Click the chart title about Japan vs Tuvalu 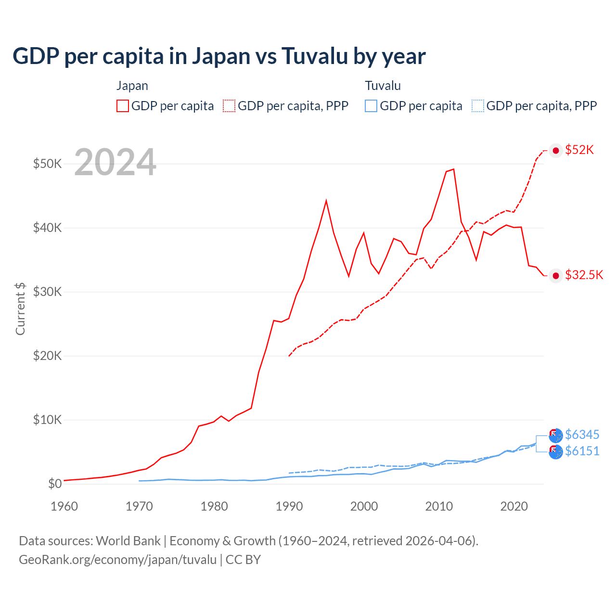(219, 56)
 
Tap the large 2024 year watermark (115, 163)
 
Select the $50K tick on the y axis (47, 164)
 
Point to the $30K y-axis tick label (47, 292)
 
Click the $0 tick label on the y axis (55, 484)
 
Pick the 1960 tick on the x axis (64, 506)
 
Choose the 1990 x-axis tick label (289, 506)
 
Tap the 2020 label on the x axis (514, 506)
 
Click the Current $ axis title (20, 308)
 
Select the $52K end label (579, 150)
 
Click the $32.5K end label (584, 275)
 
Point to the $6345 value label (582, 435)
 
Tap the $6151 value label (582, 451)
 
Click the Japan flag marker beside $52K (556, 151)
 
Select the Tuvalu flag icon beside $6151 (556, 452)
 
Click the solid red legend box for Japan (123, 106)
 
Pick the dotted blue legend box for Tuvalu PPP (478, 106)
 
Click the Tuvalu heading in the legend (383, 86)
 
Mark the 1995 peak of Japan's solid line (326, 200)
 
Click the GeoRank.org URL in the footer (118, 560)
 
